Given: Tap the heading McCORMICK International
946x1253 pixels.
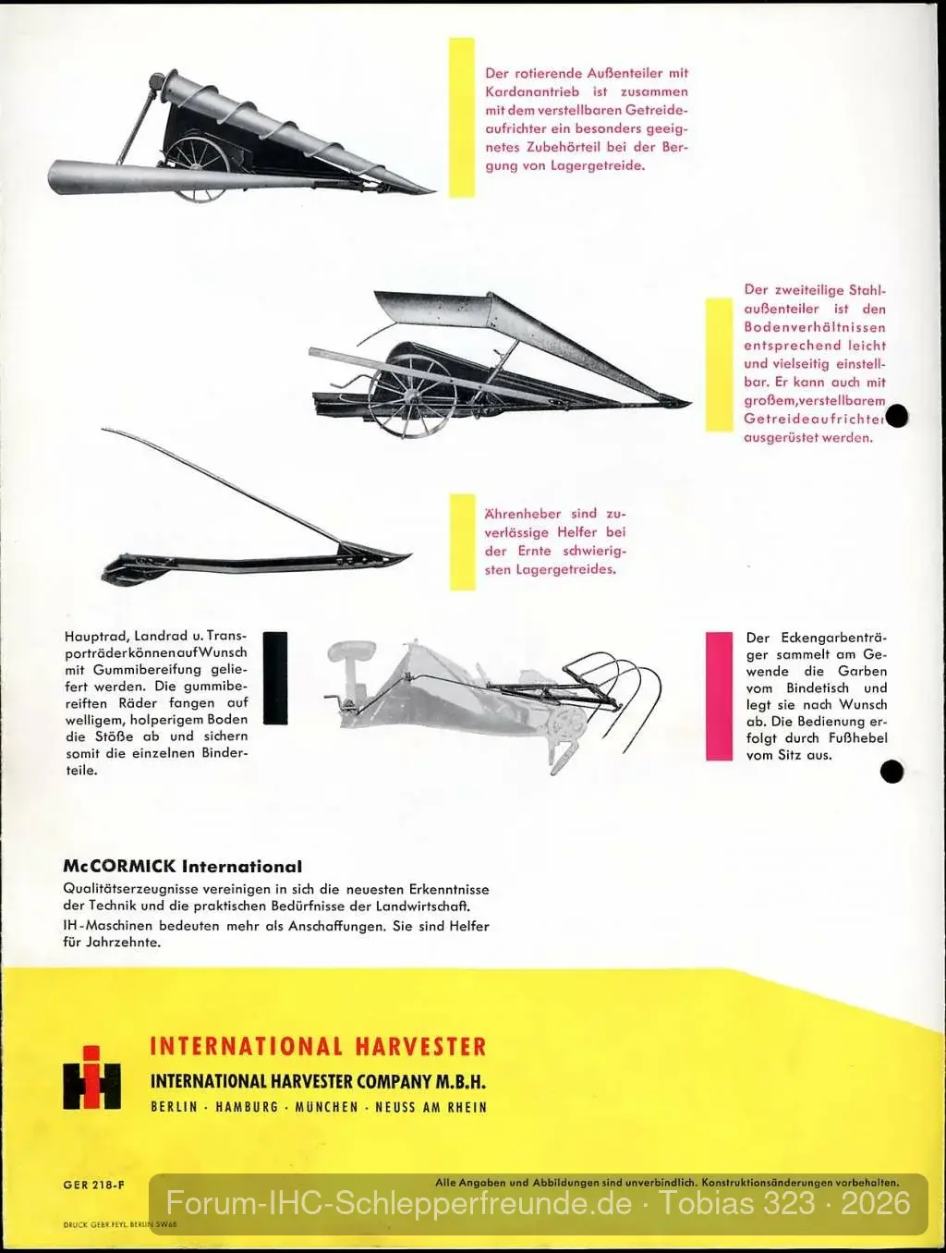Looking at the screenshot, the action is [183, 866].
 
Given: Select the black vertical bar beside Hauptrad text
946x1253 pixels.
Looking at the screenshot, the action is [275, 677].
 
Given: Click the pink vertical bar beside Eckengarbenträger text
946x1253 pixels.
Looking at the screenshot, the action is [719, 696].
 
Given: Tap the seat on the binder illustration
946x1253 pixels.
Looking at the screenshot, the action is [351, 651].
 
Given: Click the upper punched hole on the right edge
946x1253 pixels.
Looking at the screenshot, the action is [897, 416].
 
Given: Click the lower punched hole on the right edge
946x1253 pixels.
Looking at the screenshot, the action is [891, 772].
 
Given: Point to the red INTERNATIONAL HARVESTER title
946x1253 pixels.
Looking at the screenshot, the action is [318, 1046].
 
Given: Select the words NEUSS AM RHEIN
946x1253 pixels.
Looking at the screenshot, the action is [431, 1107].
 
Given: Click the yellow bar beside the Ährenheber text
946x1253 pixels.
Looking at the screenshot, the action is [462, 541].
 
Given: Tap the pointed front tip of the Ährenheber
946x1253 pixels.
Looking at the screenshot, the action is [411, 553].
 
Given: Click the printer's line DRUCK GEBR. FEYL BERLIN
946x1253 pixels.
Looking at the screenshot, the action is [120, 1223].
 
